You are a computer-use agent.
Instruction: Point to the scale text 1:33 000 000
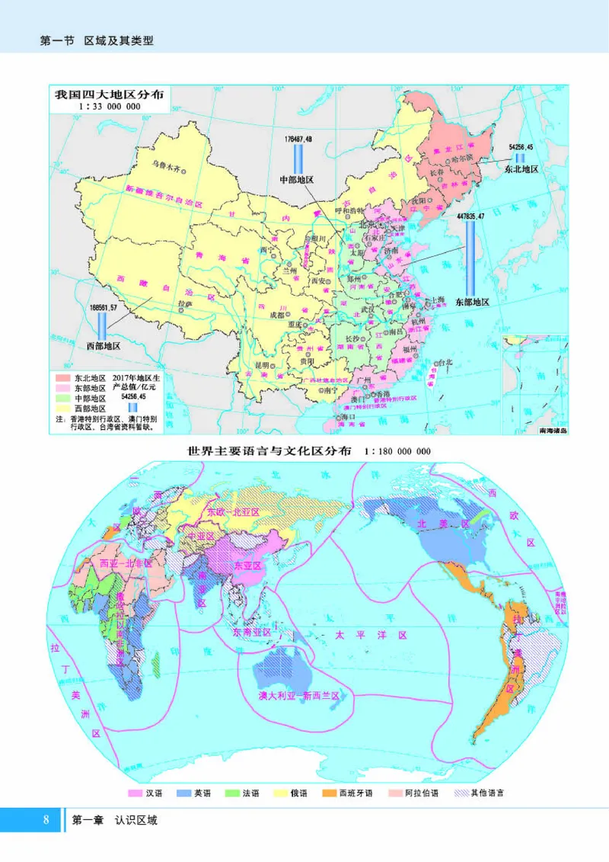point(110,107)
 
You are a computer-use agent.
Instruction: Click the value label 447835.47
point(472,217)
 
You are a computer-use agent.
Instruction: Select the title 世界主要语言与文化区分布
point(269,450)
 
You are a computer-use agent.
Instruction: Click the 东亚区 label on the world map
point(247,566)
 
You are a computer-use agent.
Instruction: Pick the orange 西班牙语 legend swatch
point(329,793)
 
